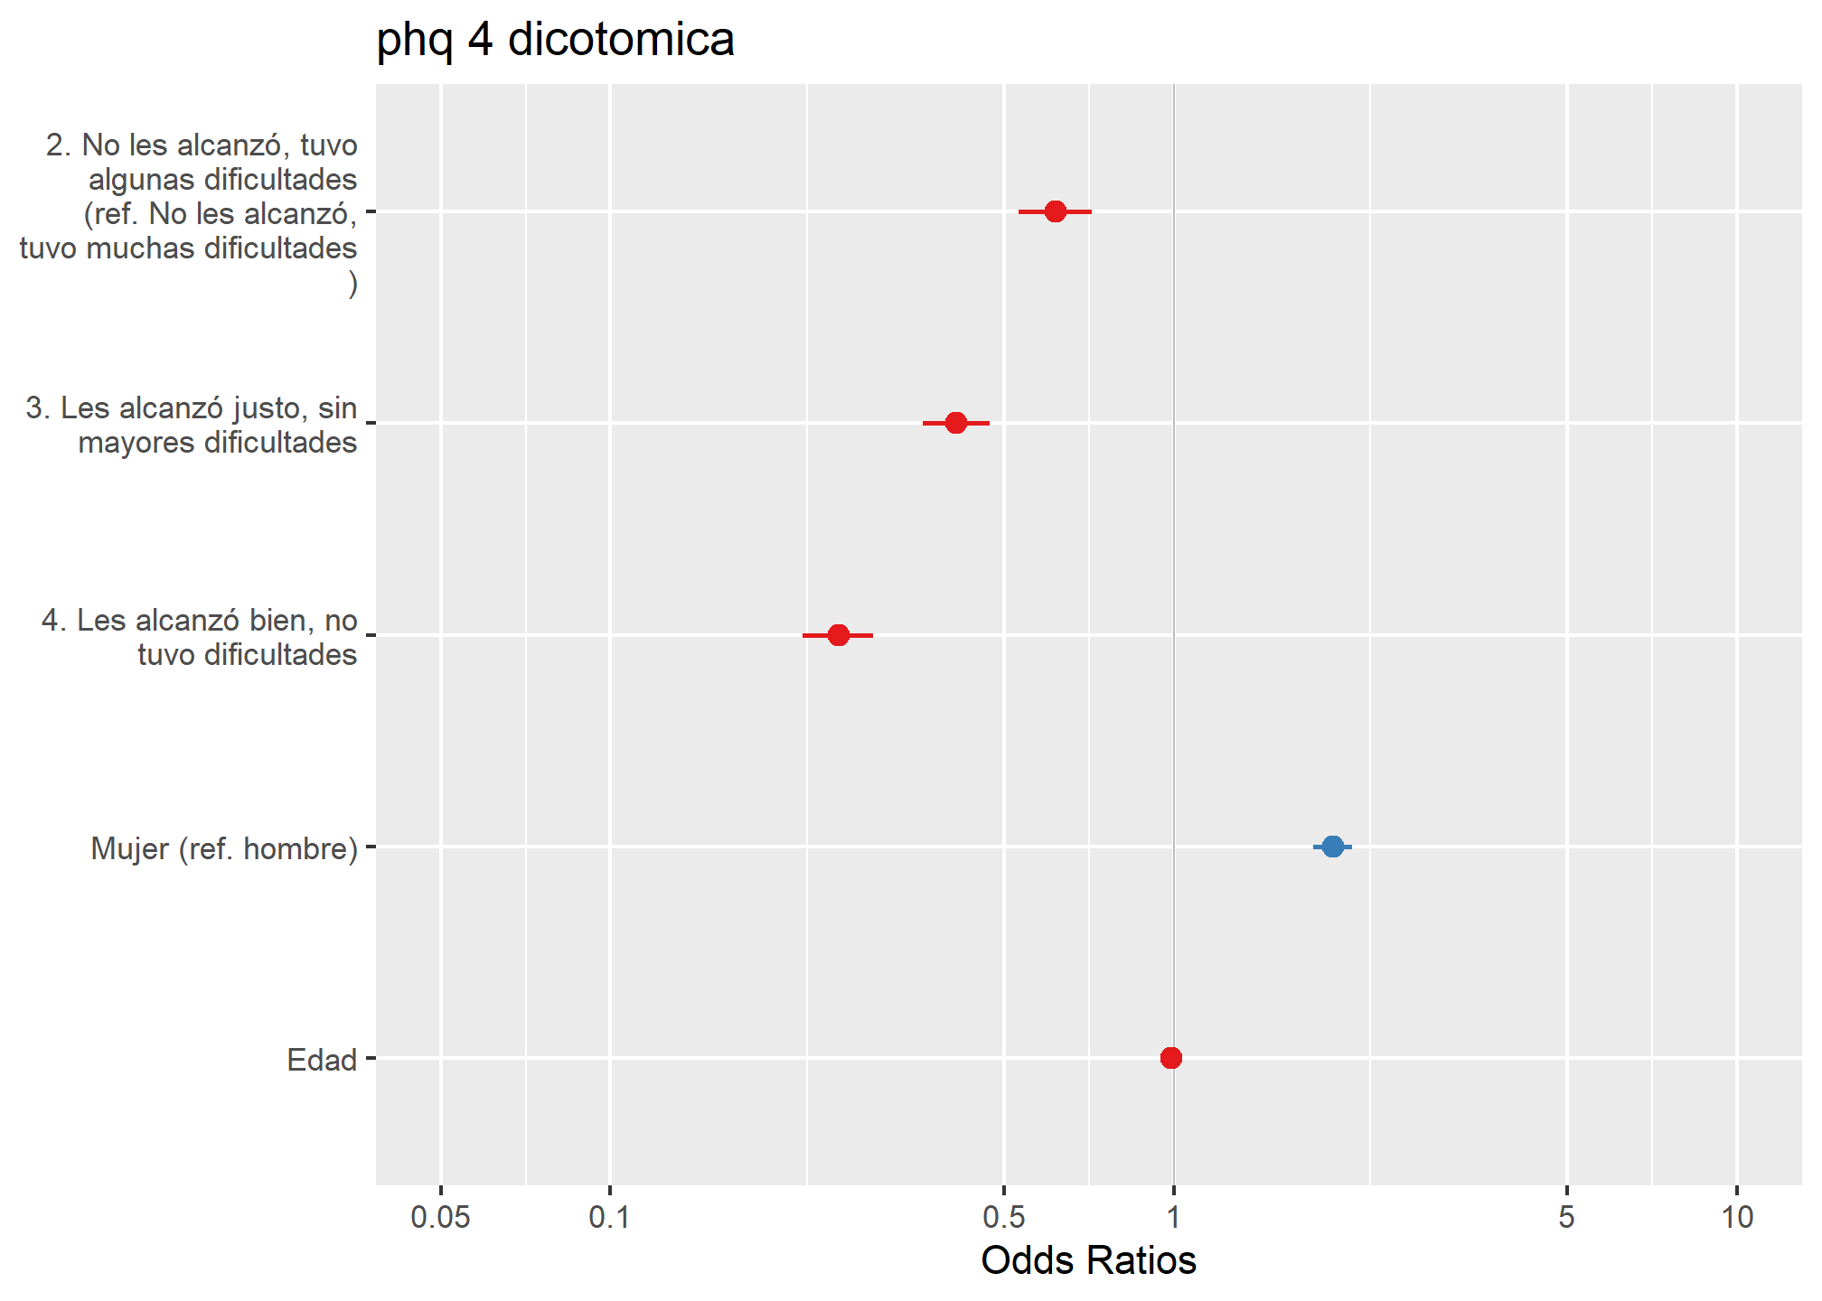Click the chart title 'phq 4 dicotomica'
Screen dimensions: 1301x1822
[555, 40]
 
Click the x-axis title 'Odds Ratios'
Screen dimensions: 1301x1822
[1088, 1260]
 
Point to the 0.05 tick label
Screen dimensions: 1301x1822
[440, 1218]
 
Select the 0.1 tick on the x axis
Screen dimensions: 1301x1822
[609, 1218]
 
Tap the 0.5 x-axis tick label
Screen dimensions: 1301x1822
[1003, 1218]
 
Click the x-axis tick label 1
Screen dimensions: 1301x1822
[1173, 1218]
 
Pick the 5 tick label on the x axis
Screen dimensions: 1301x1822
[1566, 1218]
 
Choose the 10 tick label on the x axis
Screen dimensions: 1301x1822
[1736, 1218]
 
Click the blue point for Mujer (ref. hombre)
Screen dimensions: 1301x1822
[1332, 847]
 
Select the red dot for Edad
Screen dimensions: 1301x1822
[1170, 1058]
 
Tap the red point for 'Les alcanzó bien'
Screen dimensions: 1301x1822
[838, 635]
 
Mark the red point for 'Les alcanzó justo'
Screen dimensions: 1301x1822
[955, 423]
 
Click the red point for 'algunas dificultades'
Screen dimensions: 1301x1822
[1055, 211]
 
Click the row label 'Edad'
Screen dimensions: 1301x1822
[322, 1060]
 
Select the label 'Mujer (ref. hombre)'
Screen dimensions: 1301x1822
[224, 849]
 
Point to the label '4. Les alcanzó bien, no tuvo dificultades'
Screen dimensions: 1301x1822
[200, 637]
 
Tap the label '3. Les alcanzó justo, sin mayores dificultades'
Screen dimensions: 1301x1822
[192, 426]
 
